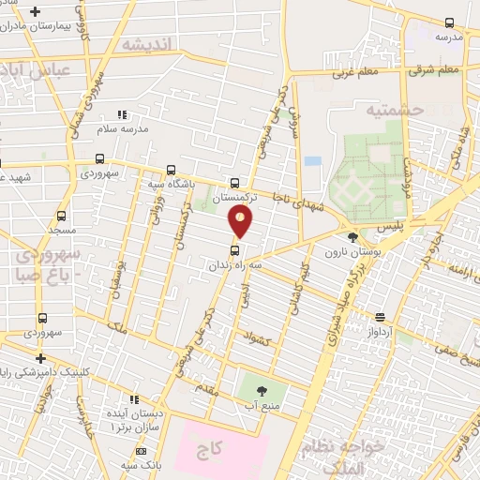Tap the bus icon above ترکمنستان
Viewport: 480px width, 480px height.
coord(233,183)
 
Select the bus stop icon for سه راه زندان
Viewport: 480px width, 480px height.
coord(234,249)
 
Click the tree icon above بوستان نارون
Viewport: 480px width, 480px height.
coord(352,237)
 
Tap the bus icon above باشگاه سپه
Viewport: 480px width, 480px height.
coord(170,170)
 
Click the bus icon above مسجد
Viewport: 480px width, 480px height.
coord(62,215)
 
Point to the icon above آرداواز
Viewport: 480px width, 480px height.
coord(380,317)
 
